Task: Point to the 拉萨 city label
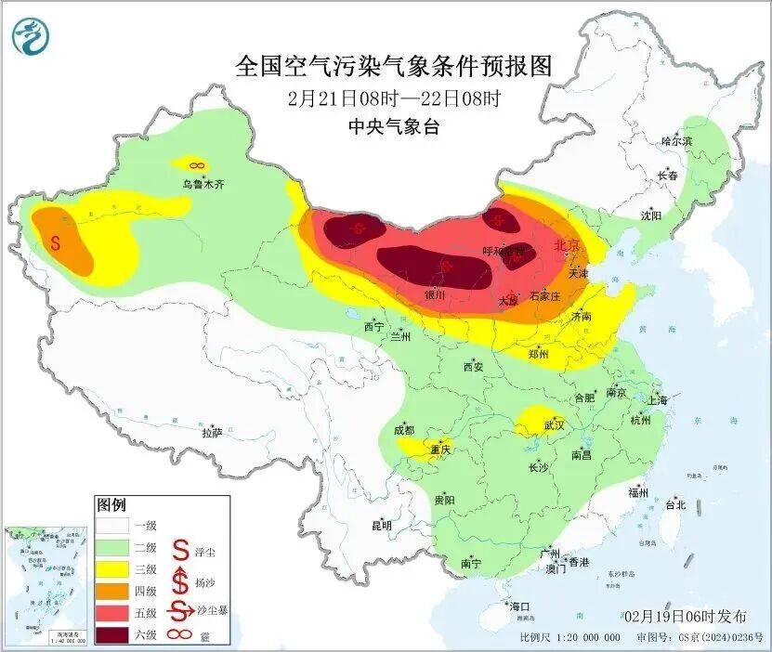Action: (x=212, y=432)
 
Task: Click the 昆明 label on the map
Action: (x=382, y=526)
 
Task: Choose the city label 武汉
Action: (x=555, y=424)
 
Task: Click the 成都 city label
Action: (x=405, y=430)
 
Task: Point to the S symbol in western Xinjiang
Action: (x=56, y=243)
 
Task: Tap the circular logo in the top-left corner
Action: (x=31, y=37)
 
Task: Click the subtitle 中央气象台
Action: (x=394, y=127)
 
